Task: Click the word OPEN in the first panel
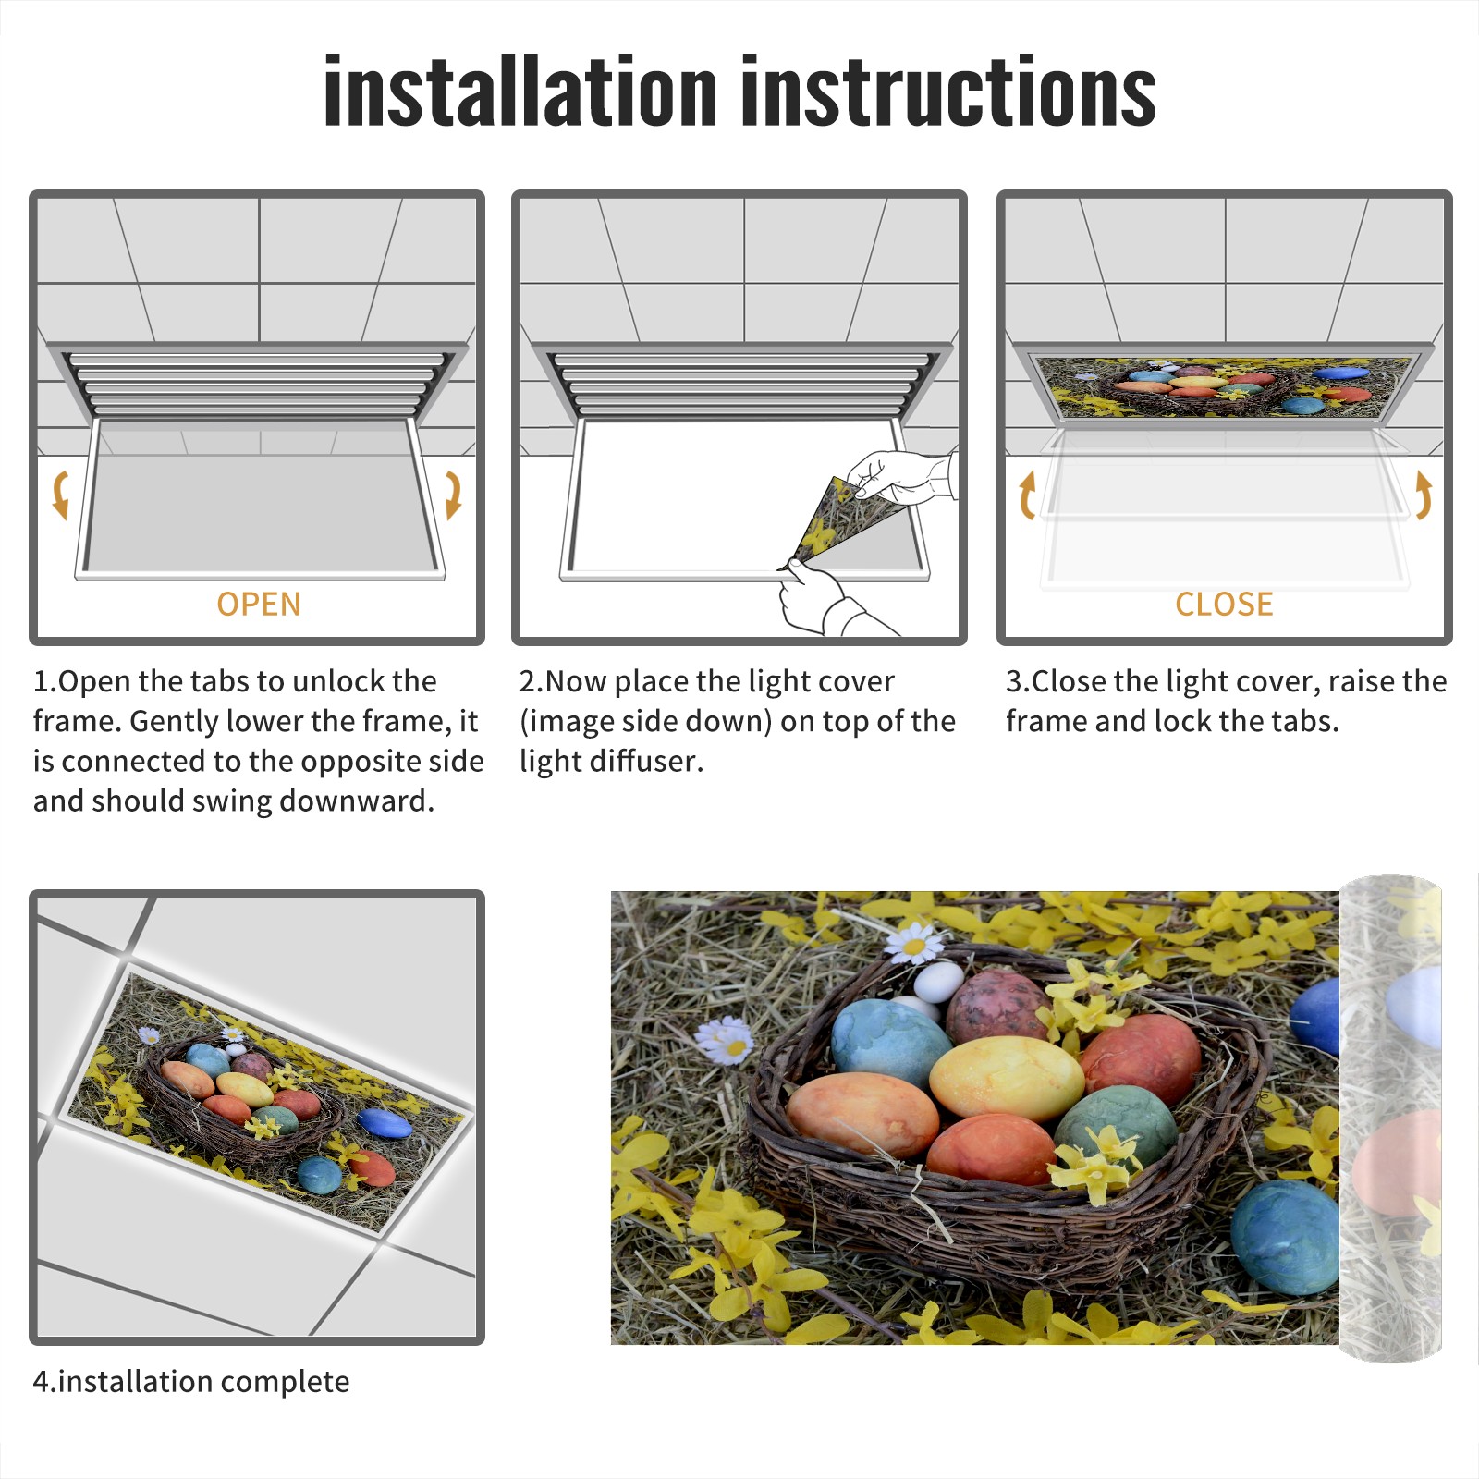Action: [259, 604]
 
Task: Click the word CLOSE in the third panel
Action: [1224, 604]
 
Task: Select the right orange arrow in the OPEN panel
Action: [453, 495]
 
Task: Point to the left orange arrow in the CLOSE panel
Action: [1026, 495]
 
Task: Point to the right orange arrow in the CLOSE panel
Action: [1424, 495]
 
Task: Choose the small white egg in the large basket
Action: [937, 982]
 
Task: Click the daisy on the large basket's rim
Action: [914, 945]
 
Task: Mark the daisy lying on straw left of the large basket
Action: [725, 1040]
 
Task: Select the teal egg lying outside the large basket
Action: [1285, 1237]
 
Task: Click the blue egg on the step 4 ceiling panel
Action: [385, 1123]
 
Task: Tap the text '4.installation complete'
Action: [191, 1382]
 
